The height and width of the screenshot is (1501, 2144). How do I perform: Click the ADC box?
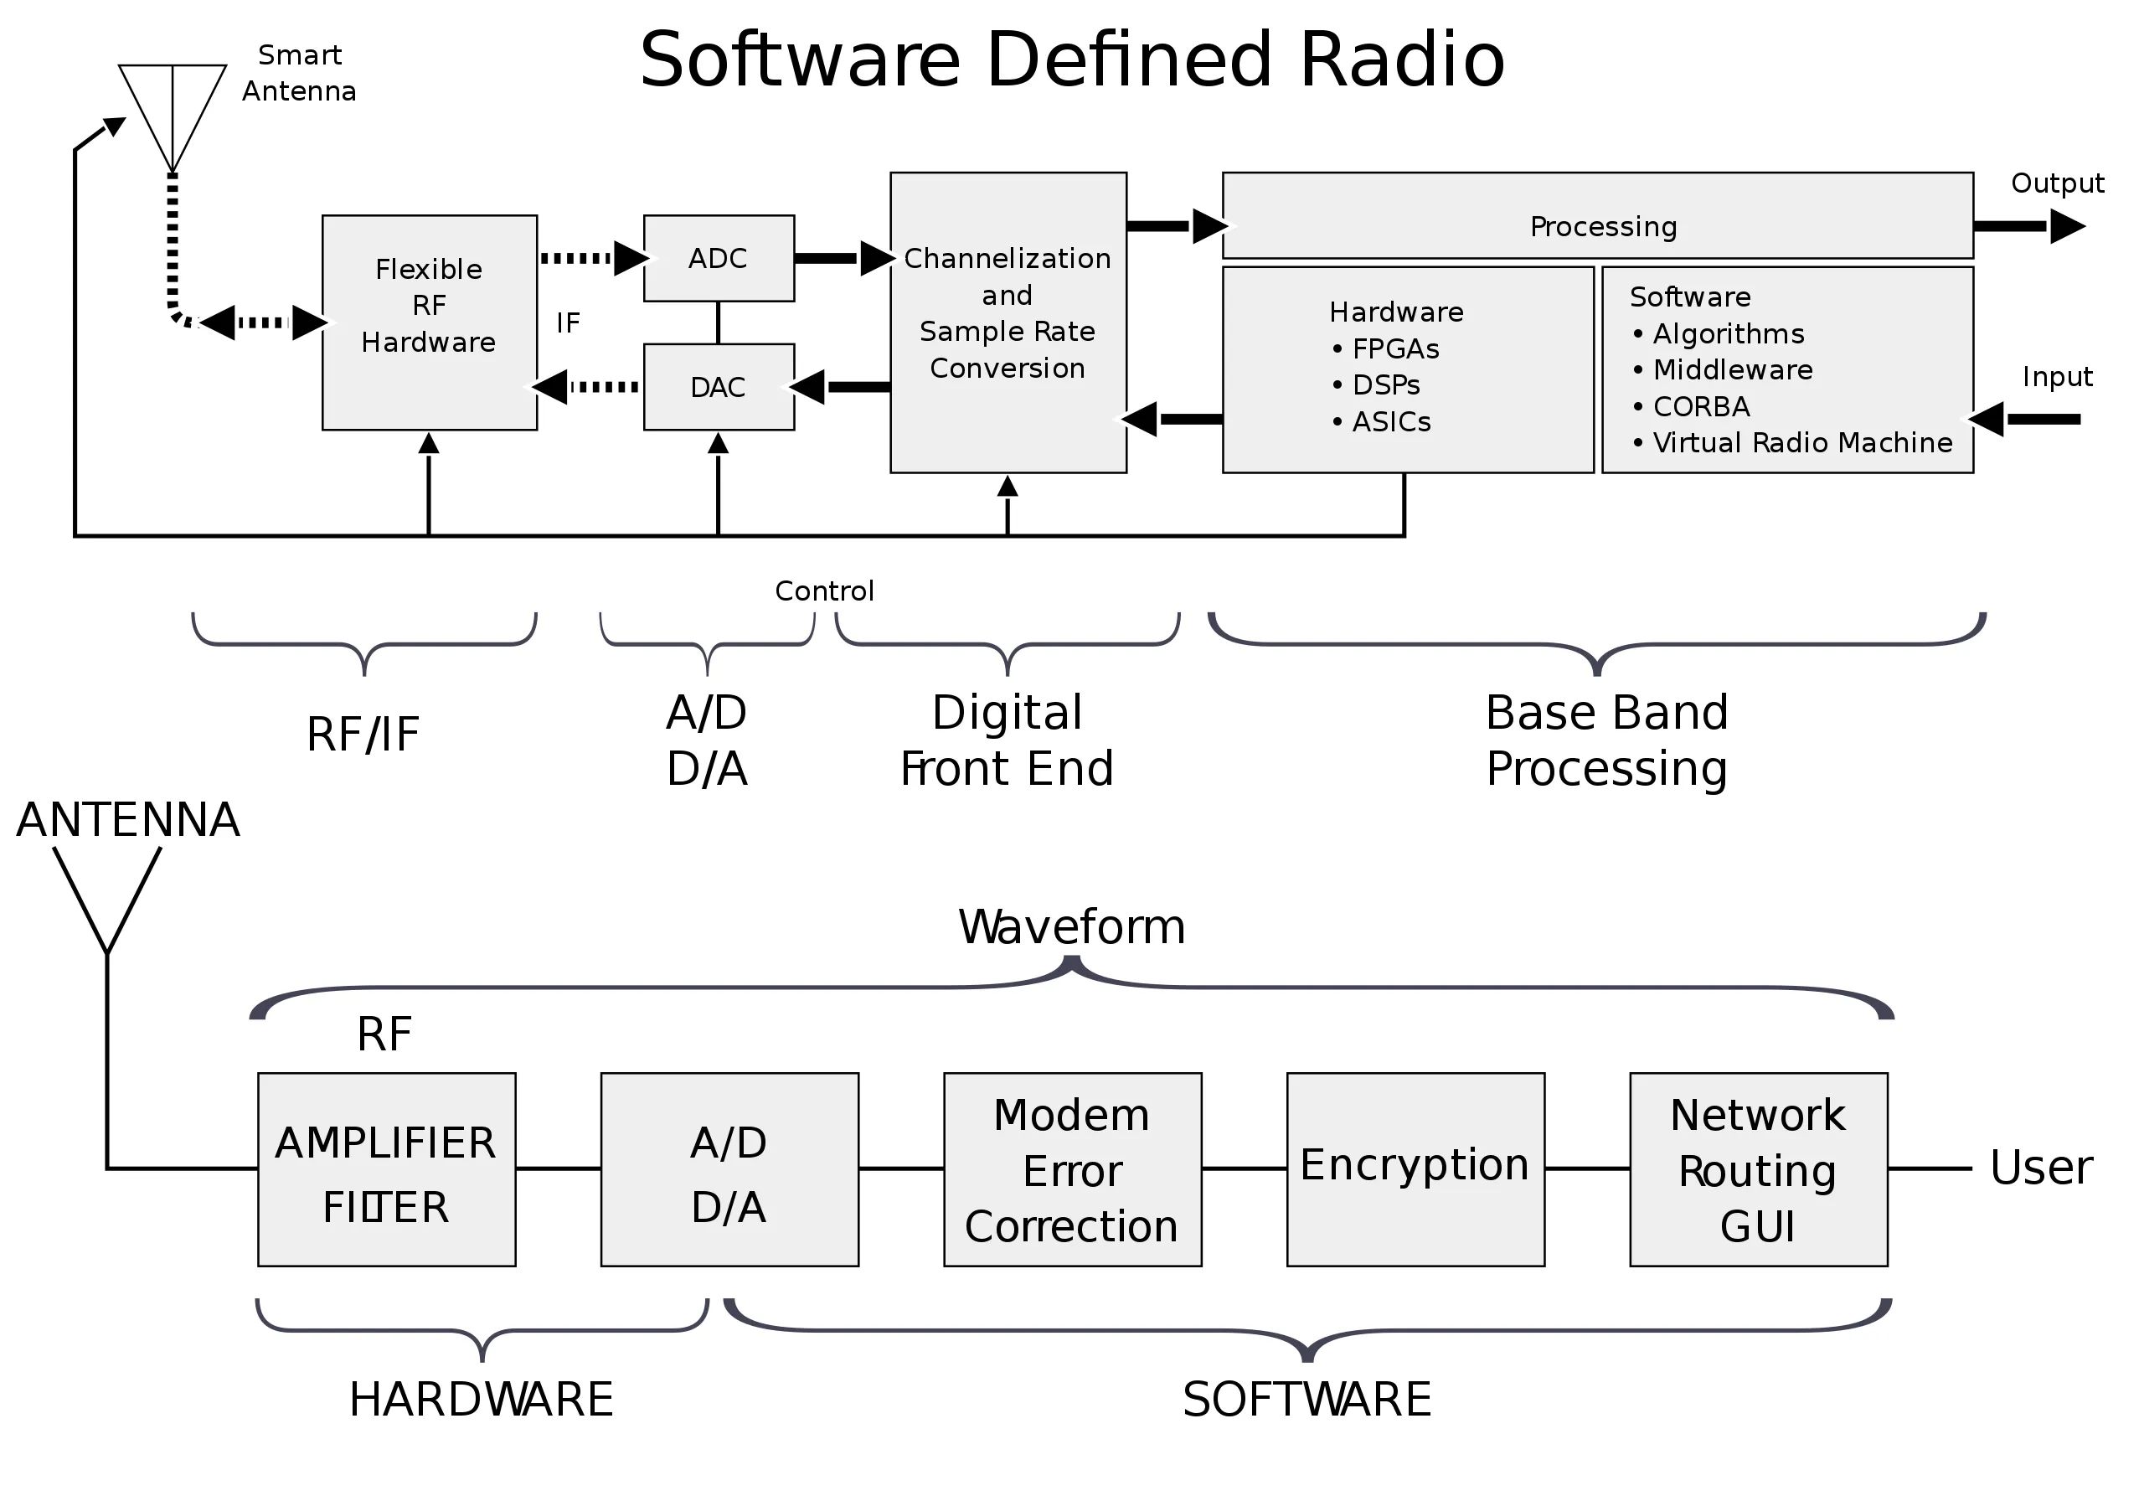(x=718, y=259)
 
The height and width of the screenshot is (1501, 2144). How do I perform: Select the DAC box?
(x=718, y=387)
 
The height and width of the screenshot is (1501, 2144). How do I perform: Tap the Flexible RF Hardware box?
(x=430, y=322)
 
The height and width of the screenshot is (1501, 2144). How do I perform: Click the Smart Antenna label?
(x=299, y=73)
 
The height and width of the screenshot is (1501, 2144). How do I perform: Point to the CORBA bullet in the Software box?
(x=1700, y=406)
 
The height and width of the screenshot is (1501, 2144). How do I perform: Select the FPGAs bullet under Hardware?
(x=1395, y=348)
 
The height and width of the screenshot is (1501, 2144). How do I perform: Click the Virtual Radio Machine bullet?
(x=1801, y=443)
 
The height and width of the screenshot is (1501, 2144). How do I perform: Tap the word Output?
(x=2057, y=183)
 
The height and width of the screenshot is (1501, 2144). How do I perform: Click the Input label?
(x=2057, y=376)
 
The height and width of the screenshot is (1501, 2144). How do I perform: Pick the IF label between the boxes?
(x=568, y=323)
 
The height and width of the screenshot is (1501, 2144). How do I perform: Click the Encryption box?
(x=1415, y=1168)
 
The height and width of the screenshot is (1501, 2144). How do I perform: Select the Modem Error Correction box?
(x=1072, y=1168)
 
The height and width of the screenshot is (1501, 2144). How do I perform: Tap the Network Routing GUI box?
(x=1757, y=1168)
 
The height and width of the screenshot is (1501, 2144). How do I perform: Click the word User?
(x=2040, y=1168)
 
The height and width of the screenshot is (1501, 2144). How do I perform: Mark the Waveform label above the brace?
(x=1072, y=926)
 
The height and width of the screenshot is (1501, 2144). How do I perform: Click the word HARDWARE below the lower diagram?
(x=481, y=1399)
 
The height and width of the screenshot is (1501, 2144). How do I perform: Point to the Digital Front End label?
(x=1007, y=740)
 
